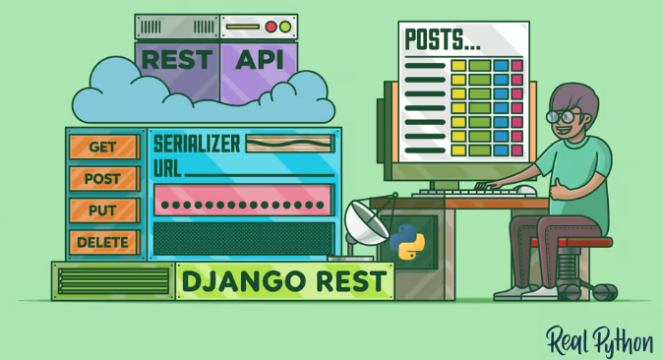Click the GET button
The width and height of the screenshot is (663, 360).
(103, 148)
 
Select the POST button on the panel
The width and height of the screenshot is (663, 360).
(103, 179)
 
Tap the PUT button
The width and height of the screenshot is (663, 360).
(103, 210)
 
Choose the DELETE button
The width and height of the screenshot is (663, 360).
(103, 242)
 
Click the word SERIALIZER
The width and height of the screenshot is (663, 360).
(197, 144)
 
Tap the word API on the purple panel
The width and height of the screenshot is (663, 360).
(259, 58)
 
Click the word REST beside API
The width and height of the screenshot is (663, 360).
(177, 58)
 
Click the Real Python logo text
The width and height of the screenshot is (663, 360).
(599, 340)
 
